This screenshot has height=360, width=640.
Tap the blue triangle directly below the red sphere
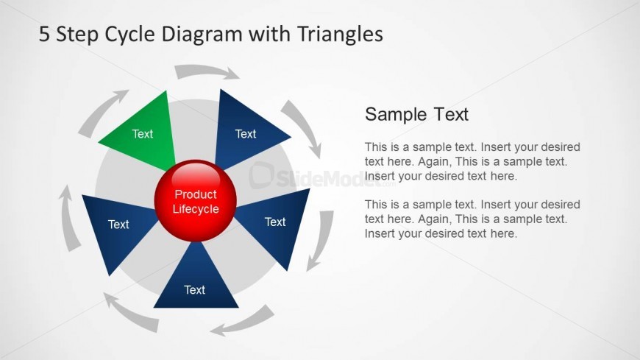(196, 282)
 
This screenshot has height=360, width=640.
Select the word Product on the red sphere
(196, 194)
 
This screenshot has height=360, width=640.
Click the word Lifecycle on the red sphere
(196, 209)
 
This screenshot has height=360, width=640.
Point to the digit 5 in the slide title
(44, 34)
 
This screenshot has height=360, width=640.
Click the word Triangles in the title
(340, 35)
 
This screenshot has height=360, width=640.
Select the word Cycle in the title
(129, 35)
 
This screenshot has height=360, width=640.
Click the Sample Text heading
(416, 114)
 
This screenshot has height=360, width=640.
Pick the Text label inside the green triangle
(143, 134)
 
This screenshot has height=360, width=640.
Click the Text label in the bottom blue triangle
(194, 290)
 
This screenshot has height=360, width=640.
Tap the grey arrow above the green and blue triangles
(207, 71)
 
